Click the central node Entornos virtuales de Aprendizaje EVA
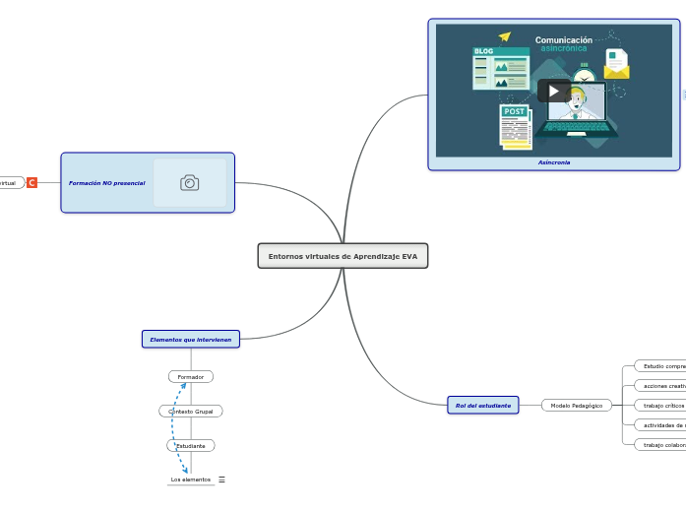(x=343, y=256)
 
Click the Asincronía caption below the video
(x=553, y=162)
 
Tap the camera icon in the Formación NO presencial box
(x=189, y=183)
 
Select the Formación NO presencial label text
(x=107, y=183)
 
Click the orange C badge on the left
(x=31, y=183)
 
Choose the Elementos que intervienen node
(x=191, y=340)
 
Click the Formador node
(x=191, y=377)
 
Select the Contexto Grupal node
(x=191, y=412)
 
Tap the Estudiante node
(x=191, y=446)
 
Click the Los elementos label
(x=190, y=480)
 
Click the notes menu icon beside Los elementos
(x=221, y=480)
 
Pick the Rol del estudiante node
(x=482, y=405)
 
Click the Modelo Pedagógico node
(x=577, y=405)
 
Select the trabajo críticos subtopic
(x=661, y=405)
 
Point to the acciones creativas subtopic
(x=661, y=386)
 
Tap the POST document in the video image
(x=516, y=128)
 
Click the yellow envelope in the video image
(x=616, y=66)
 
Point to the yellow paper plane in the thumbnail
(x=505, y=37)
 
